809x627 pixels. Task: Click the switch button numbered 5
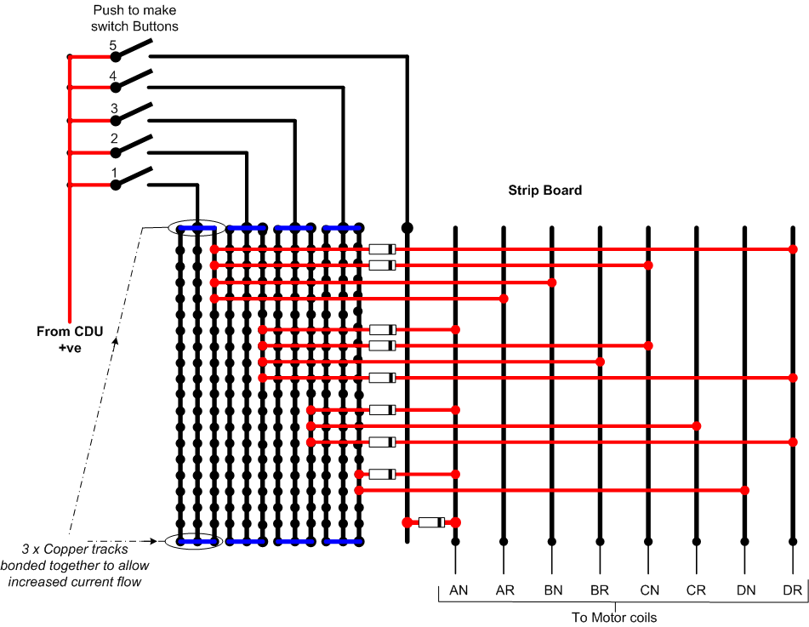coord(132,50)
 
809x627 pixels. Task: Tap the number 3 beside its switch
coord(114,108)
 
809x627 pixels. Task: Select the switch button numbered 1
coord(132,178)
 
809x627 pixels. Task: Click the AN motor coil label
coord(459,590)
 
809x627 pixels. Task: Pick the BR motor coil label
coord(600,590)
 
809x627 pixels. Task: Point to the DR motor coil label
coord(793,590)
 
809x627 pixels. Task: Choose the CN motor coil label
coord(650,590)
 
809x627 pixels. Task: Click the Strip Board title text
coord(544,191)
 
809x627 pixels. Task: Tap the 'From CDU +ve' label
coord(70,339)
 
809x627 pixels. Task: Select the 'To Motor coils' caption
coord(614,618)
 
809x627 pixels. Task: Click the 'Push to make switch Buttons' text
coord(134,18)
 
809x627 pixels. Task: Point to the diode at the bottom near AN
coord(431,522)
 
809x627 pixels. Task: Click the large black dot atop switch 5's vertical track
coord(407,228)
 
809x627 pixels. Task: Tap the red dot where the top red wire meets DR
coord(793,249)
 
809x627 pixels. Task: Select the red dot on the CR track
coord(697,425)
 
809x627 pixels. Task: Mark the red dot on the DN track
coord(744,490)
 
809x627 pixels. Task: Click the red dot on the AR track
coord(504,299)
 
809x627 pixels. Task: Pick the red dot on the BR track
coord(600,362)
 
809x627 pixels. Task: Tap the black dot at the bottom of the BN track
coord(551,541)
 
